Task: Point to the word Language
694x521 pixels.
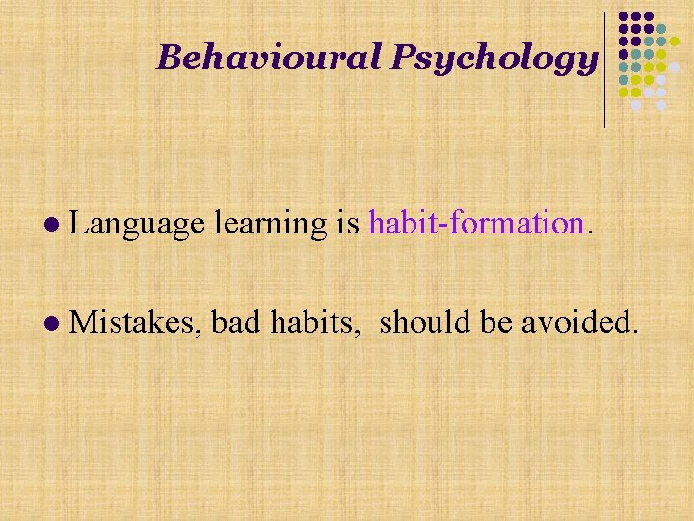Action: click(x=137, y=225)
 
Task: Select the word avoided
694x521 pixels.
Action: click(x=578, y=324)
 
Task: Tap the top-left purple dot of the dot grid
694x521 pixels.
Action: click(x=624, y=17)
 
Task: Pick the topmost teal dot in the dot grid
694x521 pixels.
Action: click(x=661, y=30)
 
